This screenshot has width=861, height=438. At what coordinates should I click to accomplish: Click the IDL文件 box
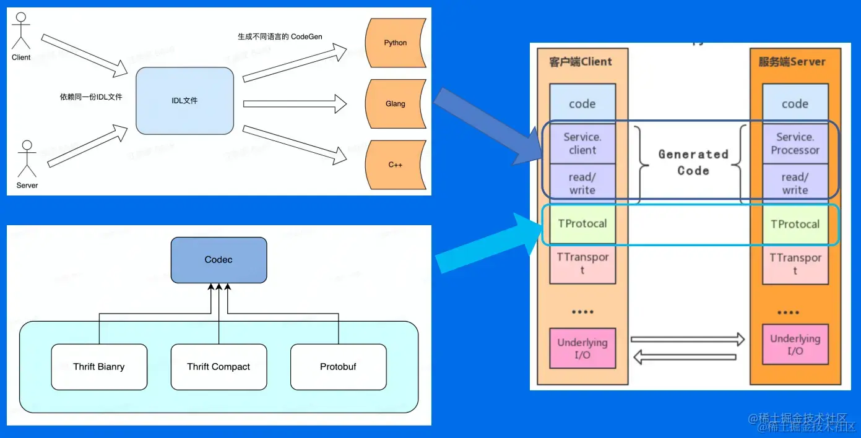coord(185,101)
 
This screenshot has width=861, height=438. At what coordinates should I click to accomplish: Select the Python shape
coord(395,43)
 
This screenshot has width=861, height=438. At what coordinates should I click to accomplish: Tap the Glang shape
coord(395,103)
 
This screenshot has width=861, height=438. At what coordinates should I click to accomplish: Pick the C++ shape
coord(395,165)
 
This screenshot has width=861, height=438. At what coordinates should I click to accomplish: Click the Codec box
coord(218,260)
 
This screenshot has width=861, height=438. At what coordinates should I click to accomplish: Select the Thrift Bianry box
coord(99,367)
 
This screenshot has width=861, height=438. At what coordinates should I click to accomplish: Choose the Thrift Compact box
coord(218,367)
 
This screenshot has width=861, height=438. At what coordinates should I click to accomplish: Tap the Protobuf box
coord(338,367)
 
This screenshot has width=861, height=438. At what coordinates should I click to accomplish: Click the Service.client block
coord(582,144)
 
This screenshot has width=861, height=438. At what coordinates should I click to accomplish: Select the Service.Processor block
coord(795,144)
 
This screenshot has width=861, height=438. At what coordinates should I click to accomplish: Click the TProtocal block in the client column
coord(582,224)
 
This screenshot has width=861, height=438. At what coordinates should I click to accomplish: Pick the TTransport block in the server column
coord(795,264)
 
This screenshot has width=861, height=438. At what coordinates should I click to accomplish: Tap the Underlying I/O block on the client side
coord(582,348)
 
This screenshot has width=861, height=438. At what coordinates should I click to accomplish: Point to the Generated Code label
coord(693,163)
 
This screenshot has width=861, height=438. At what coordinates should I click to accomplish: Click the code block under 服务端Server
coord(795,104)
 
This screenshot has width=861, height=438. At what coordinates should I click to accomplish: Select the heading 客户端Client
coord(581,62)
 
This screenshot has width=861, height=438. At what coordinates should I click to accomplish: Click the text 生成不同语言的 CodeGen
coord(280,36)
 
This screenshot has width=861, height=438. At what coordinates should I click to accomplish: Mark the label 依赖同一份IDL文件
coord(91,97)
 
